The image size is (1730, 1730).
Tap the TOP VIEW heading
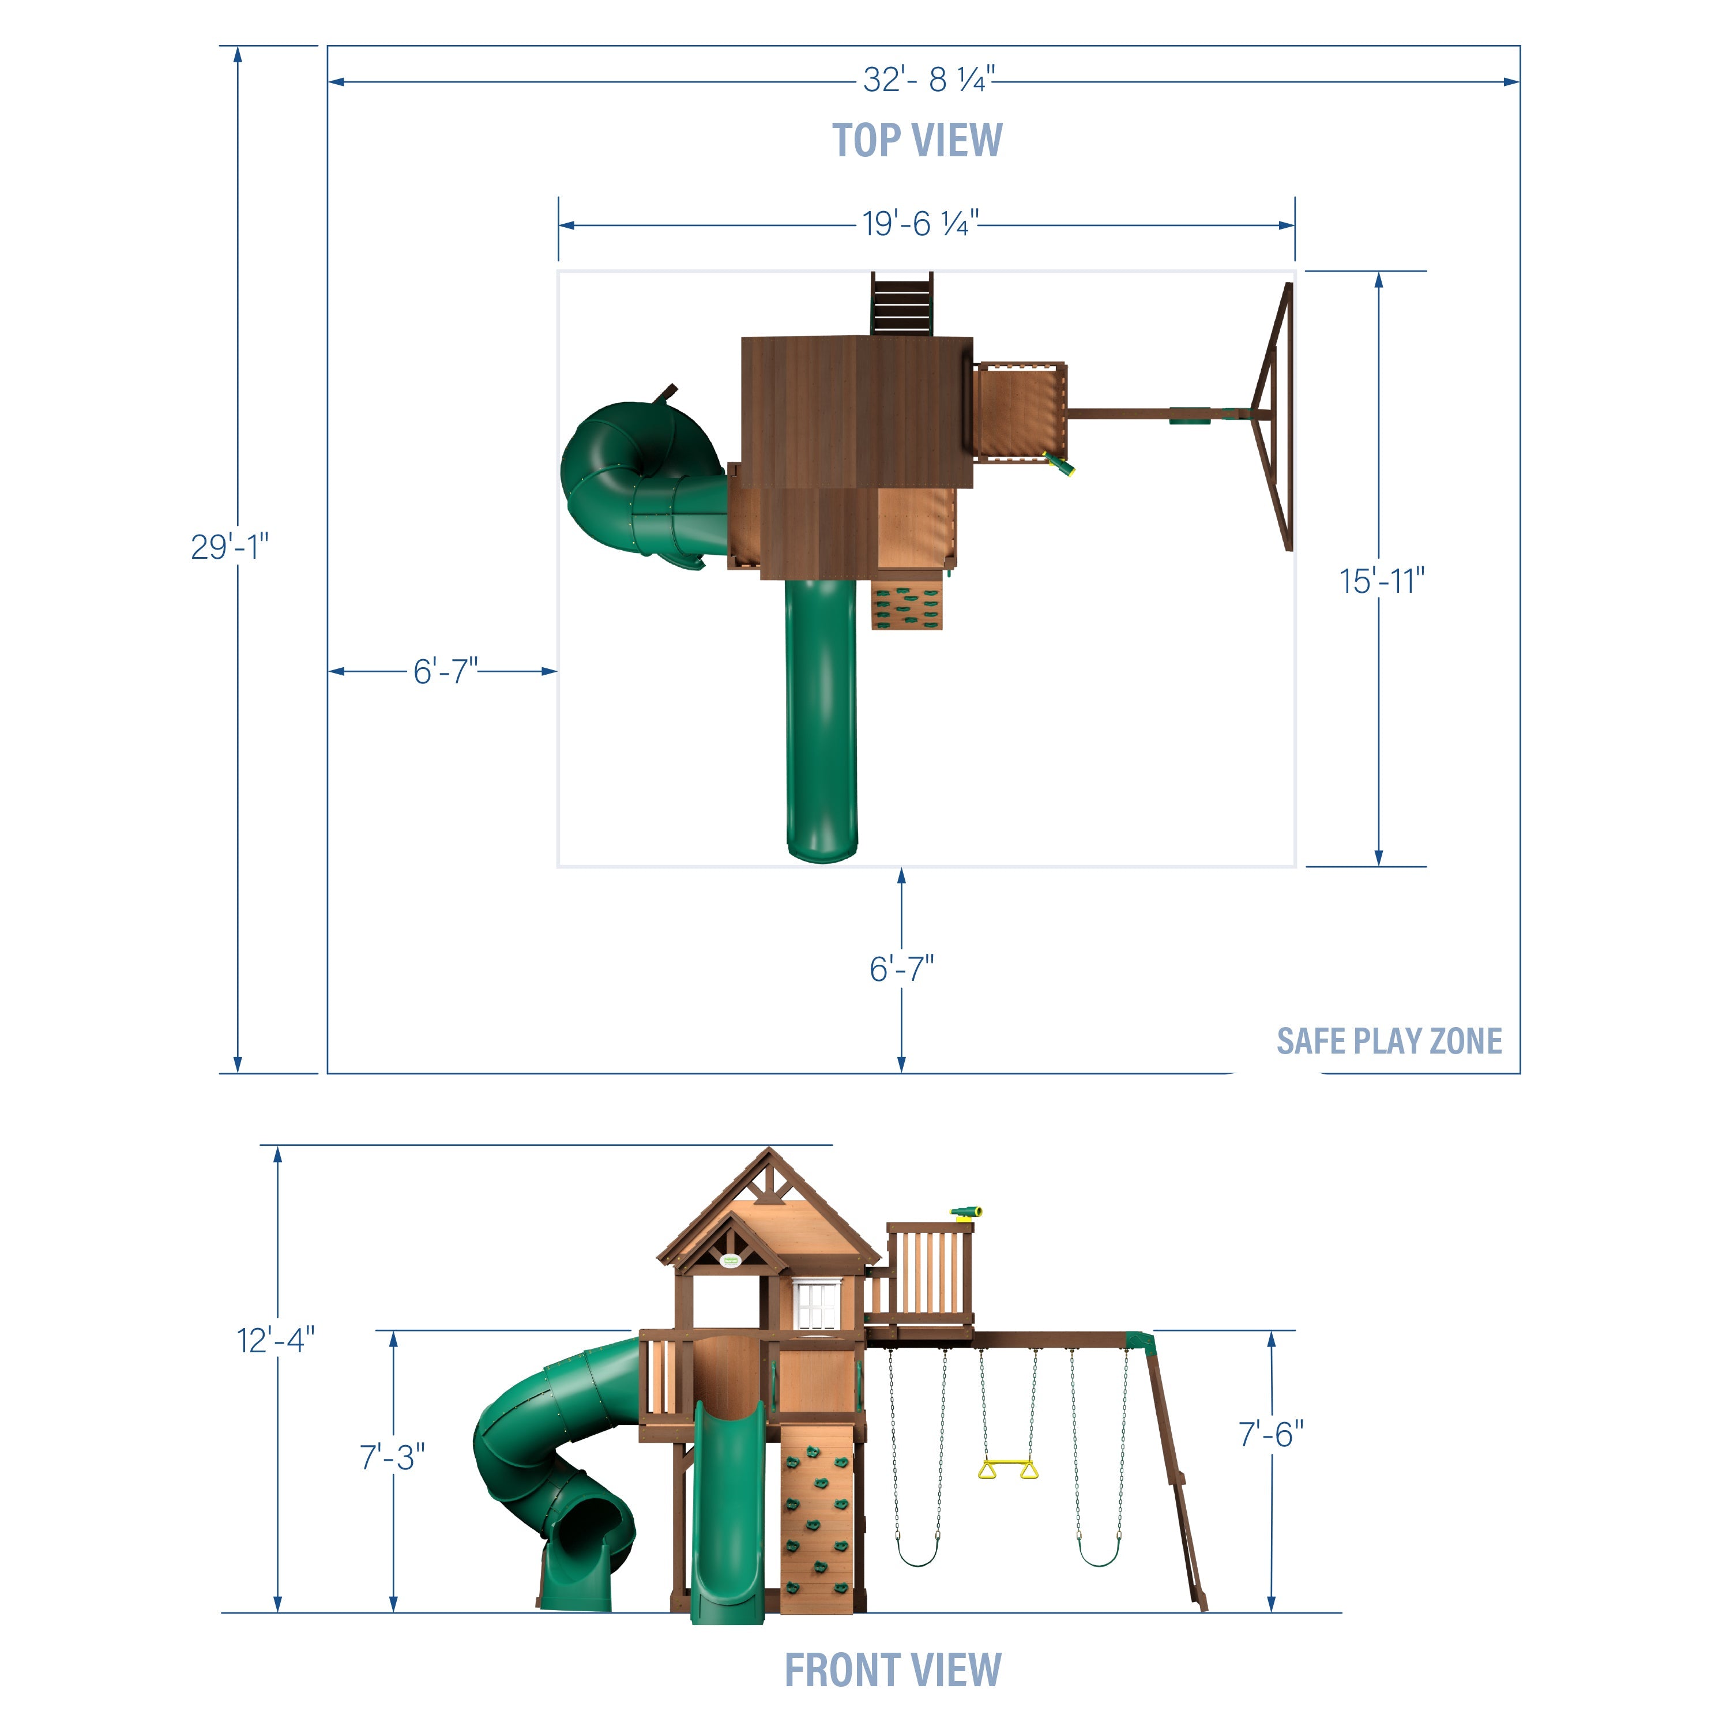pos(918,141)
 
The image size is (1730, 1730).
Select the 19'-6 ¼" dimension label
pos(920,223)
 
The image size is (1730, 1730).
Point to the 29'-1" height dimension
pos(230,546)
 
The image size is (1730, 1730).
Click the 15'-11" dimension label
pos(1382,581)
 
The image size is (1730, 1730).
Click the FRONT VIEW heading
pos(893,1670)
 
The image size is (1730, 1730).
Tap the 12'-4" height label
pos(275,1341)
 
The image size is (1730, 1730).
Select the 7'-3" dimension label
pos(392,1457)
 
